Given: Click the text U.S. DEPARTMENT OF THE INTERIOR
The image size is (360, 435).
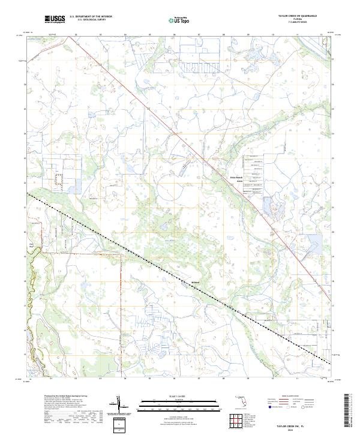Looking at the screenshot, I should pos(91,17).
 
